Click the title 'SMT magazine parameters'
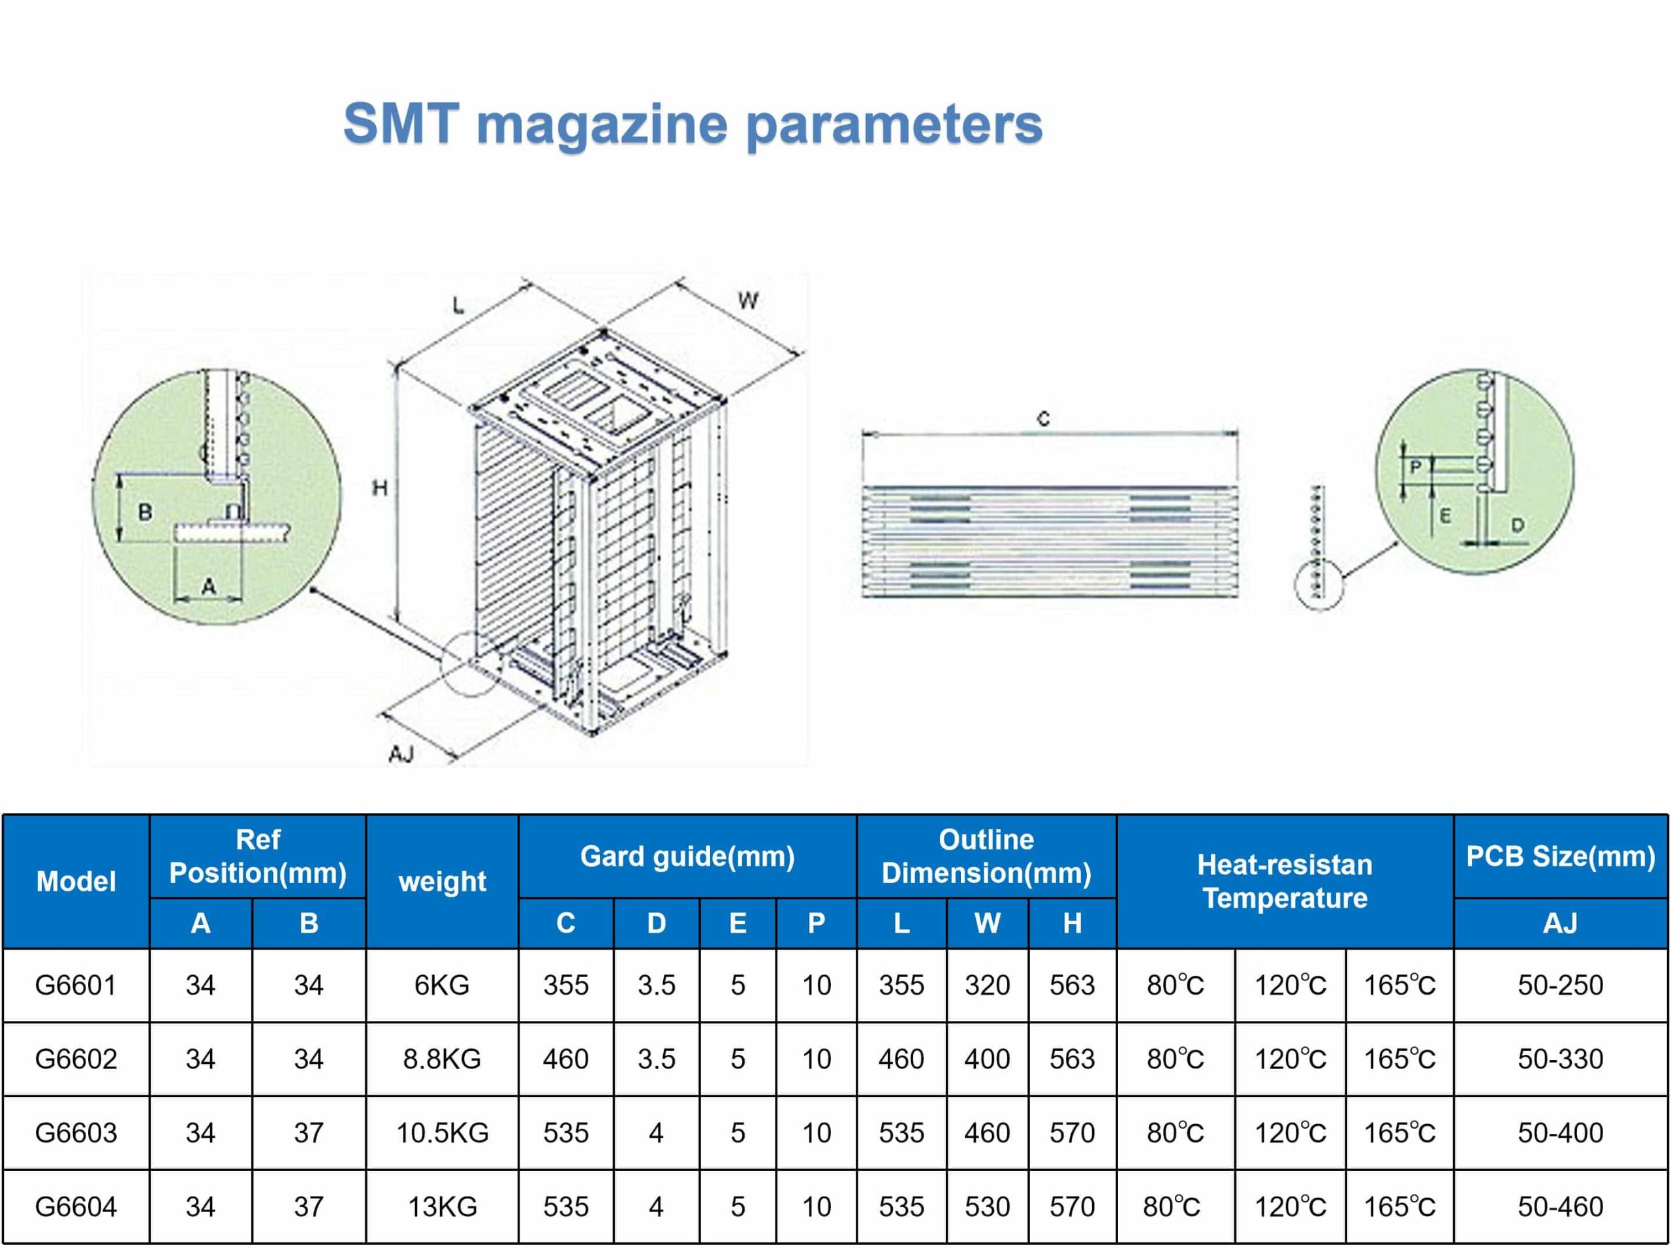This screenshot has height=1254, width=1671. [693, 125]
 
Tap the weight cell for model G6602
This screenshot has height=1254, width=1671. [442, 1059]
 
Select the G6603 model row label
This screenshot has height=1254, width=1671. [76, 1133]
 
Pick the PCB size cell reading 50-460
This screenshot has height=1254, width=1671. [1560, 1207]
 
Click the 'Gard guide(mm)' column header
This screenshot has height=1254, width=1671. [687, 856]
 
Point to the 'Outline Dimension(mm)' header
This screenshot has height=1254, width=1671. [986, 856]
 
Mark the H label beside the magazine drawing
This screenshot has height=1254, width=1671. [380, 489]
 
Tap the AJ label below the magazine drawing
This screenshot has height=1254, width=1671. [401, 754]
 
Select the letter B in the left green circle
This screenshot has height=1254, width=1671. [145, 513]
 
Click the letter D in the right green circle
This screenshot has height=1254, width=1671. [1517, 524]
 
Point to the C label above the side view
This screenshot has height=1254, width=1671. [1043, 419]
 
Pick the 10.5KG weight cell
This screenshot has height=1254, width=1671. [442, 1133]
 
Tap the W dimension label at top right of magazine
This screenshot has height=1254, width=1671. [748, 301]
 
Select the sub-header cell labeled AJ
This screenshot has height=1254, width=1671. [1560, 923]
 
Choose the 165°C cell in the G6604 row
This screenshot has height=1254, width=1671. [1399, 1207]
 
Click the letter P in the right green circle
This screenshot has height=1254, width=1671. [1416, 467]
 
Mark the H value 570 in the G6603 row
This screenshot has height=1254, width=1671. [1072, 1133]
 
